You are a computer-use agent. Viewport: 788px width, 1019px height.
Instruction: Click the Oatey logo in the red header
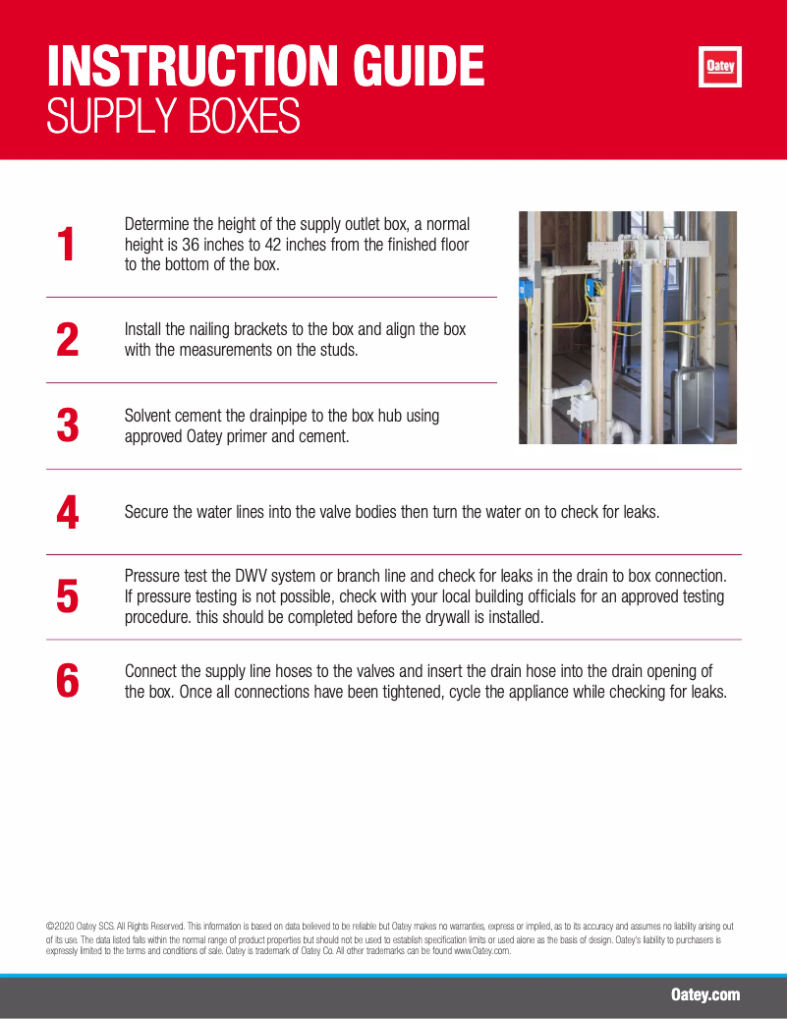(x=720, y=66)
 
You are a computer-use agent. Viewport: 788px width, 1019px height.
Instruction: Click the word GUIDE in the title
(x=419, y=66)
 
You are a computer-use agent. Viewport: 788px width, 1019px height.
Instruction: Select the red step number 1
(x=66, y=245)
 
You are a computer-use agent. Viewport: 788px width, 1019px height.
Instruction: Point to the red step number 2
(x=68, y=339)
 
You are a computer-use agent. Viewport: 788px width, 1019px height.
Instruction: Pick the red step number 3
(x=68, y=425)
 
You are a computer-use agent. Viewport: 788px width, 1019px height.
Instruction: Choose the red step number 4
(x=68, y=512)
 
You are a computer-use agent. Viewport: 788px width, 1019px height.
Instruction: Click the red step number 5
(x=68, y=596)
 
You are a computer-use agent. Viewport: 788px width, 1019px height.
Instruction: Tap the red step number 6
(x=68, y=681)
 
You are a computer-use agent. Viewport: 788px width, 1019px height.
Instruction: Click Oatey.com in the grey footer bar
(x=705, y=995)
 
